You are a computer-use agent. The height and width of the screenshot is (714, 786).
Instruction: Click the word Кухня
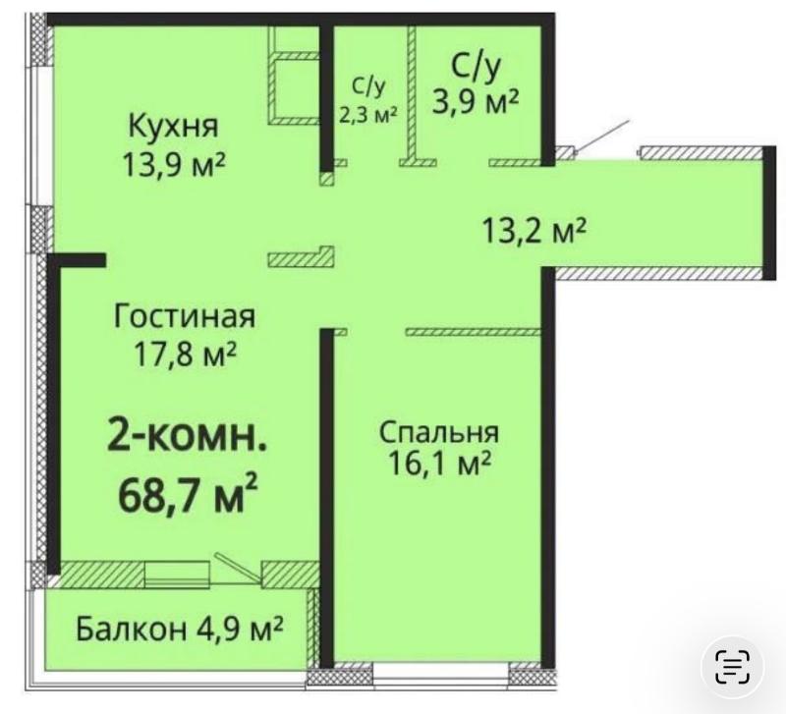click(173, 126)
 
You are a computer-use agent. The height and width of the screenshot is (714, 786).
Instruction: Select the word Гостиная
click(185, 317)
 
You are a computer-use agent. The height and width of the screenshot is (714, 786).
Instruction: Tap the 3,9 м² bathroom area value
click(477, 100)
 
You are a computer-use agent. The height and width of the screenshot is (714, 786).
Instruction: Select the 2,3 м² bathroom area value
click(368, 113)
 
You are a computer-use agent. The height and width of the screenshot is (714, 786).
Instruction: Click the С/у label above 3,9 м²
click(477, 66)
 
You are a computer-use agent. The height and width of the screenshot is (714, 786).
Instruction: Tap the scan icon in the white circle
click(733, 665)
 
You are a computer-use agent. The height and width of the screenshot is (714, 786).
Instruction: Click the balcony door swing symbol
click(236, 567)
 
